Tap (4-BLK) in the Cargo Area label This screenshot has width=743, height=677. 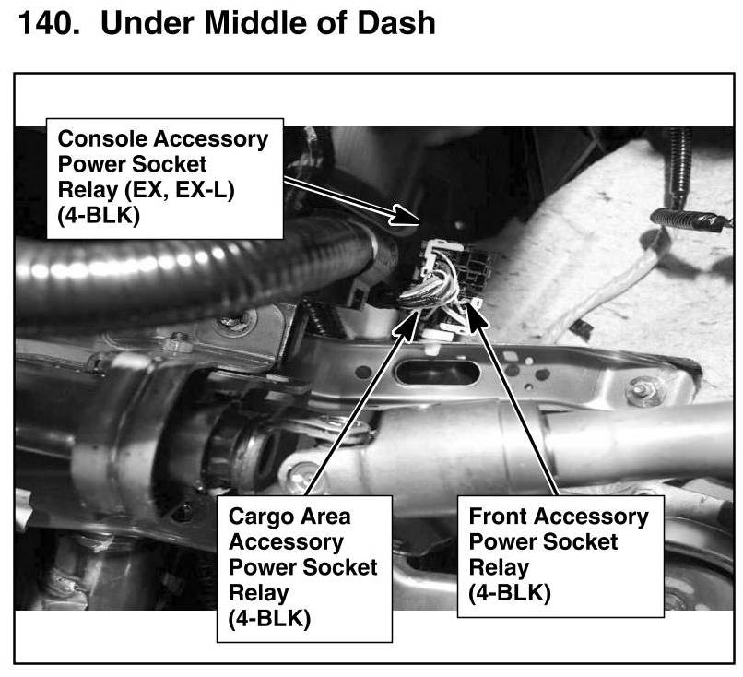tap(268, 618)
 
